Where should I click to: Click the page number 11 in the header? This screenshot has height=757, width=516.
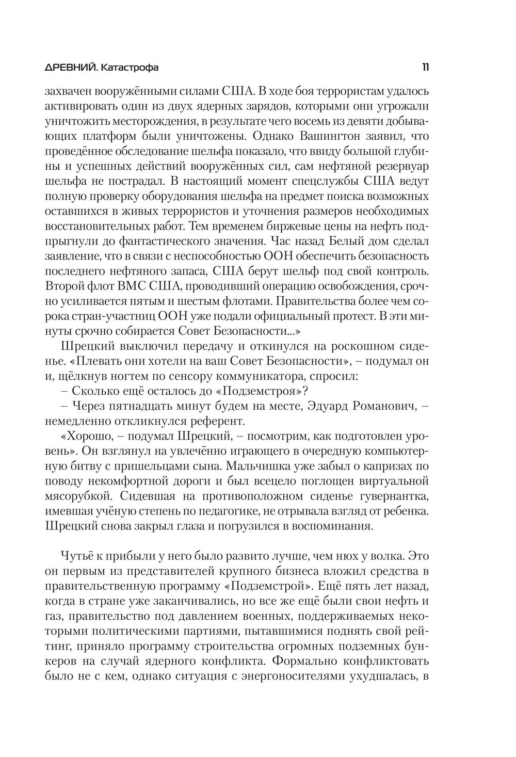[426, 67]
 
